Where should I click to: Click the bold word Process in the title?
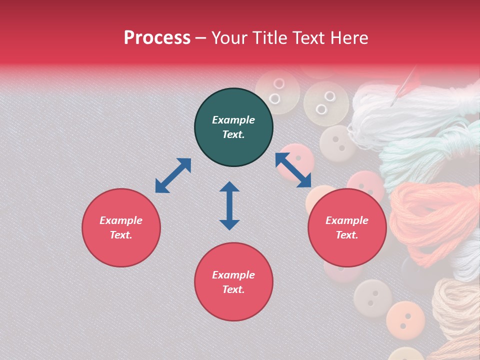coord(157,37)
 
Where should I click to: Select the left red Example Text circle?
coord(121,227)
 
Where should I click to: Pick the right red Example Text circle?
coord(347,227)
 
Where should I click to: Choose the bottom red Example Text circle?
coord(233,281)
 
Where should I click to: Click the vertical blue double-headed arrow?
coord(229,205)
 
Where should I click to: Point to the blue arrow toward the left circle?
coord(173,175)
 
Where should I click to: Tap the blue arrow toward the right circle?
coord(293,170)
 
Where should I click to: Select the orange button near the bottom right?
coord(405,318)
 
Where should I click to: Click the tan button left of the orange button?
coord(372,299)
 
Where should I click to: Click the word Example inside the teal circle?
coord(233,120)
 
